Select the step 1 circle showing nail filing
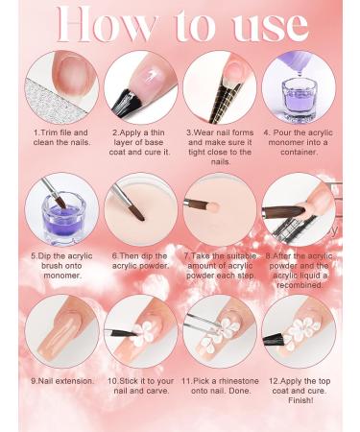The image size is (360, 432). coord(61,87)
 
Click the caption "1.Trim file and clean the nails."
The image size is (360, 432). coord(61,137)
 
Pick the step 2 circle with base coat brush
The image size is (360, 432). coord(140,87)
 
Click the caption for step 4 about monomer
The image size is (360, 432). coord(298,142)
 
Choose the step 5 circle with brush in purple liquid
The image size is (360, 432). coord(61,208)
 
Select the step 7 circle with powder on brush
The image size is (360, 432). coord(219,208)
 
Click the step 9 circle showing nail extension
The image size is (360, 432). coord(61,331)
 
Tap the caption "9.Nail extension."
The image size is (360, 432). coord(61,381)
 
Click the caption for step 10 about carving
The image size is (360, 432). coord(140,386)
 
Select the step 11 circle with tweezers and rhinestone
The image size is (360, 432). coord(219,331)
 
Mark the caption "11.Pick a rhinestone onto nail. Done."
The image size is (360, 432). coord(219,386)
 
